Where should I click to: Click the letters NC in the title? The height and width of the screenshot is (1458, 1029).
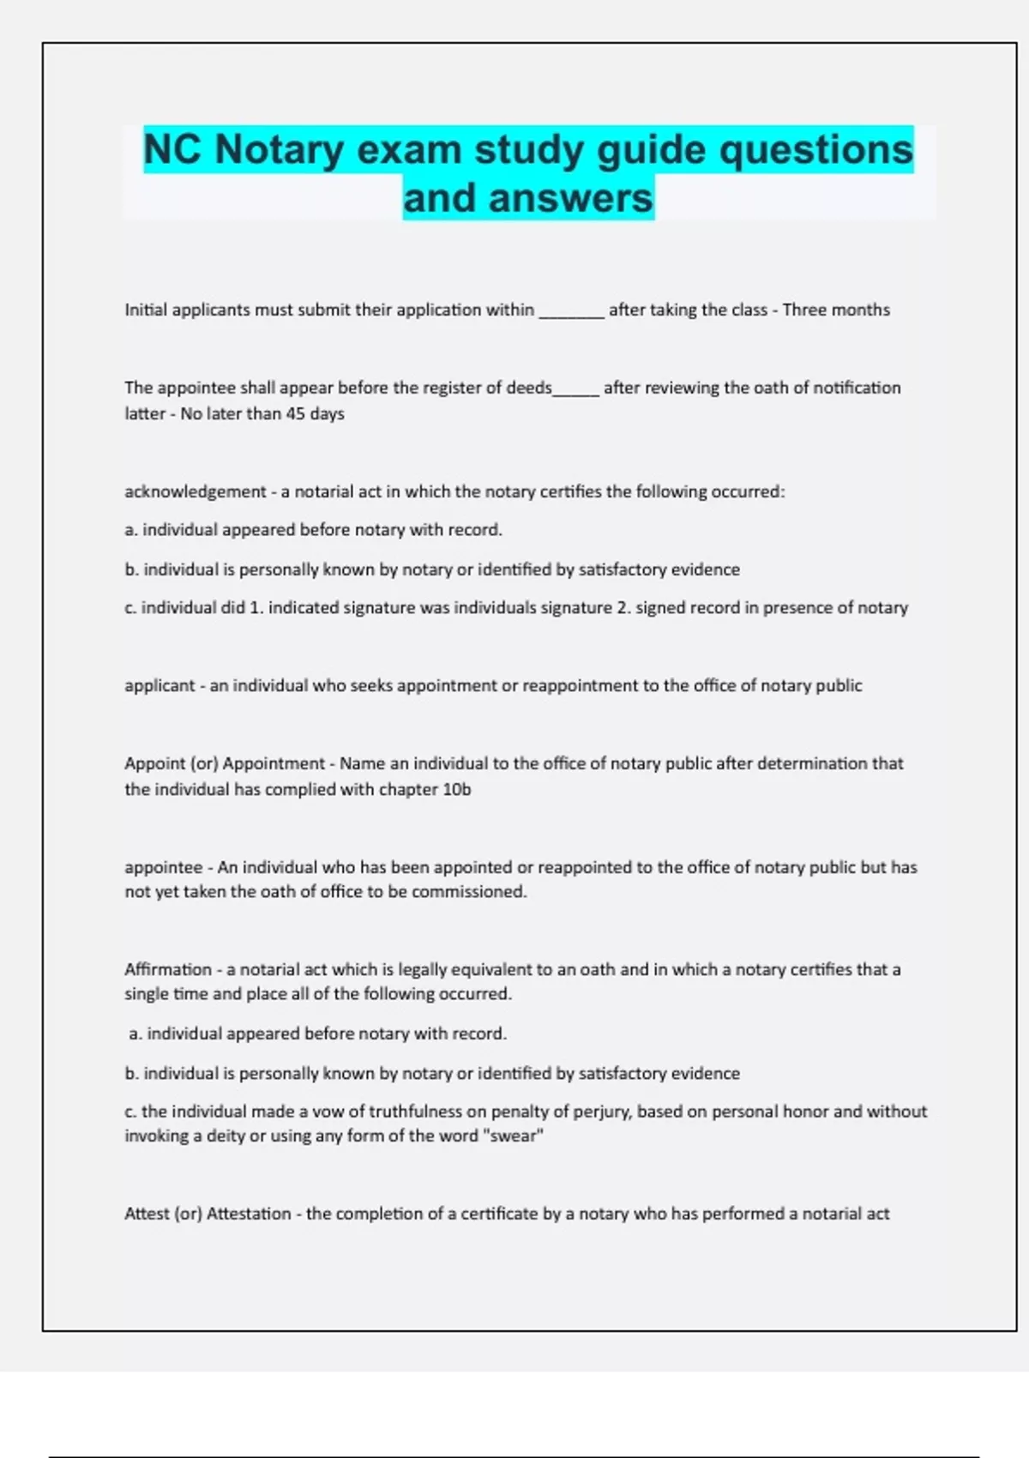[172, 149]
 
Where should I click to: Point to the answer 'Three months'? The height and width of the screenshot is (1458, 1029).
[836, 310]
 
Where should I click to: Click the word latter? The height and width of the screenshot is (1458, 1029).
[145, 413]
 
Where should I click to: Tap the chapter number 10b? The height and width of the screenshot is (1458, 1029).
[456, 789]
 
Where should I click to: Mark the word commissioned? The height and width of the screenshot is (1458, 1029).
[469, 891]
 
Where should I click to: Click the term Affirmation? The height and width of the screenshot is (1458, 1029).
[167, 969]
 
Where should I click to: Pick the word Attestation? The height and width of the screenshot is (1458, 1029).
[249, 1214]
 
